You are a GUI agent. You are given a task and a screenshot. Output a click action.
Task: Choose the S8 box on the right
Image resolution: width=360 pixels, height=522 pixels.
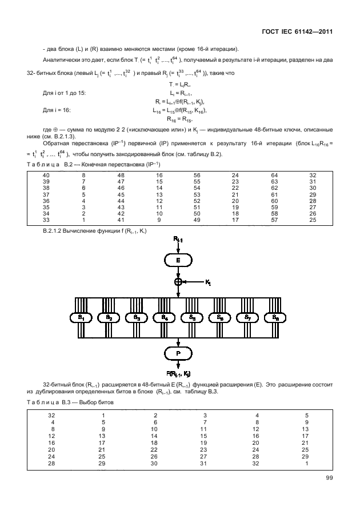click(x=275, y=317)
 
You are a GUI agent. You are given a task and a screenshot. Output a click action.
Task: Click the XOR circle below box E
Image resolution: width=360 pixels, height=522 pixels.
click(x=179, y=281)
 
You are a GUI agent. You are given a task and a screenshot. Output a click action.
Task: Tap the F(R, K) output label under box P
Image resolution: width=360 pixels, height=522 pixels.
click(x=179, y=372)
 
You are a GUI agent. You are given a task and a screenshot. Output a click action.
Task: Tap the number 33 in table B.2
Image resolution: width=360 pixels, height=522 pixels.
click(x=46, y=220)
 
